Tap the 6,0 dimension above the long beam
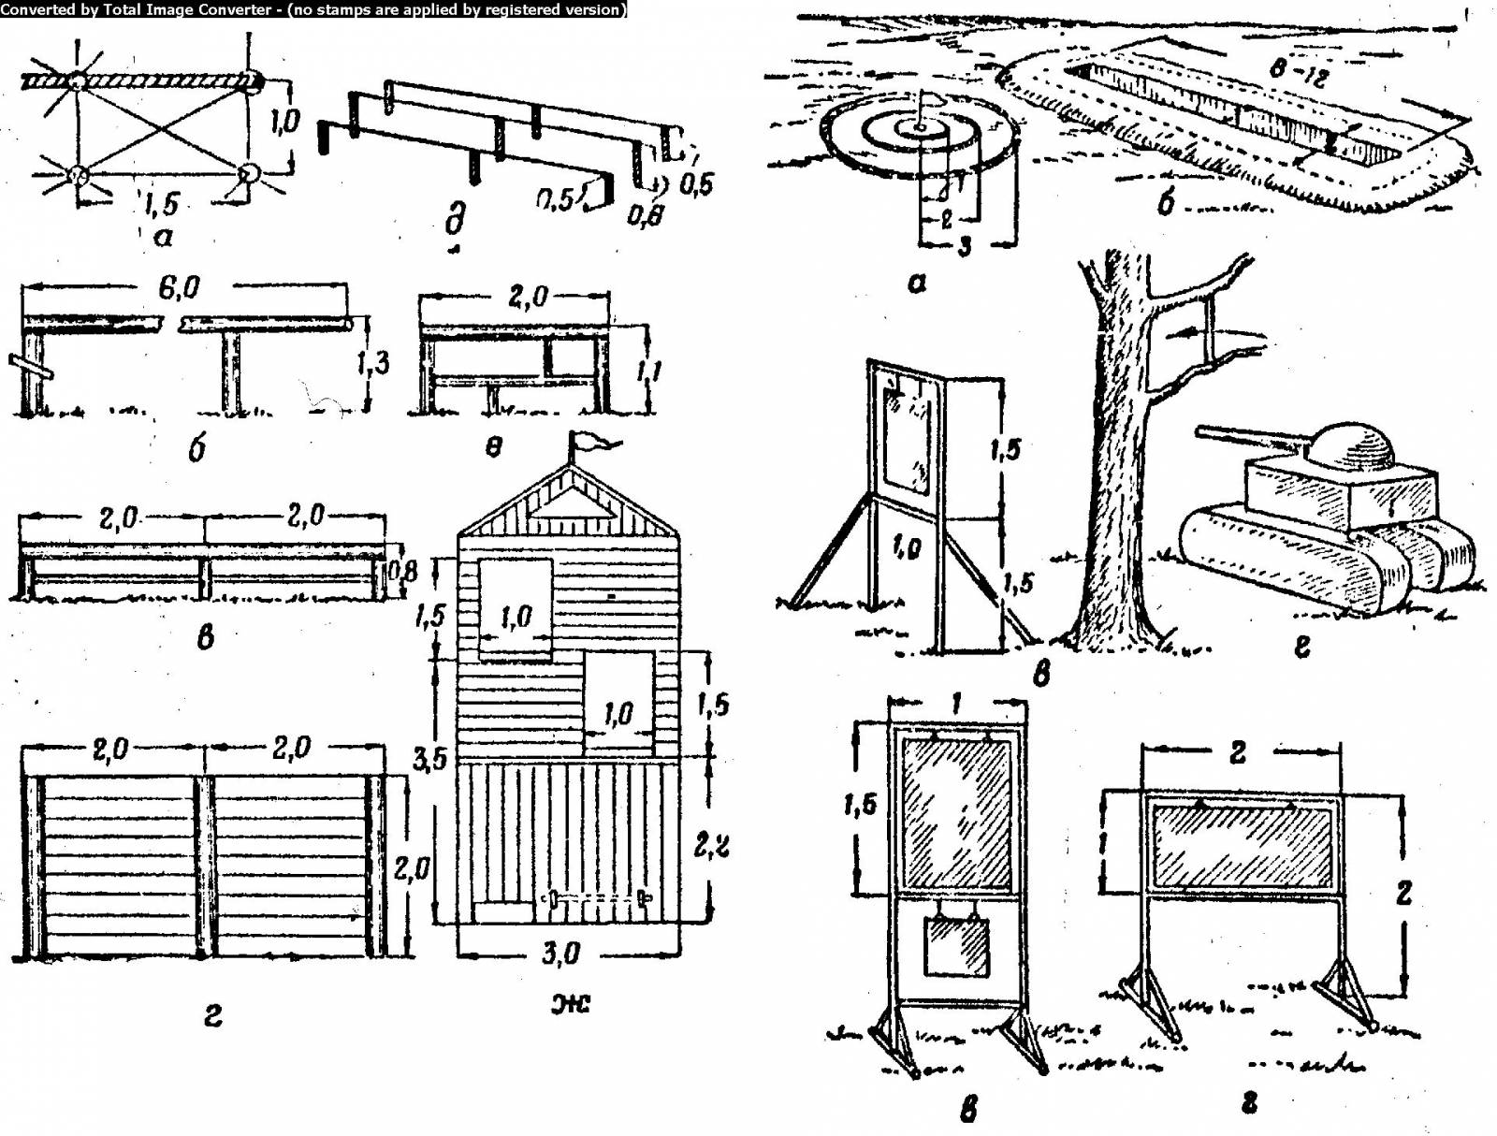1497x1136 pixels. (178, 287)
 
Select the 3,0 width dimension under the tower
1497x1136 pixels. (560, 954)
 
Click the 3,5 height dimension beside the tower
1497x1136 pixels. (429, 759)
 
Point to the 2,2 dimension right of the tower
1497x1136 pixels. (712, 845)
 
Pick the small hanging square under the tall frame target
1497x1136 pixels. (955, 947)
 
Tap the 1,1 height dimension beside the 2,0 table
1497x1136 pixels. (648, 371)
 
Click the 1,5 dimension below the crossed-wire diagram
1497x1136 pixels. (161, 202)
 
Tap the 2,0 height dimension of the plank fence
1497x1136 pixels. (411, 869)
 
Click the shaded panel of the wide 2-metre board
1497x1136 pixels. (1242, 847)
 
